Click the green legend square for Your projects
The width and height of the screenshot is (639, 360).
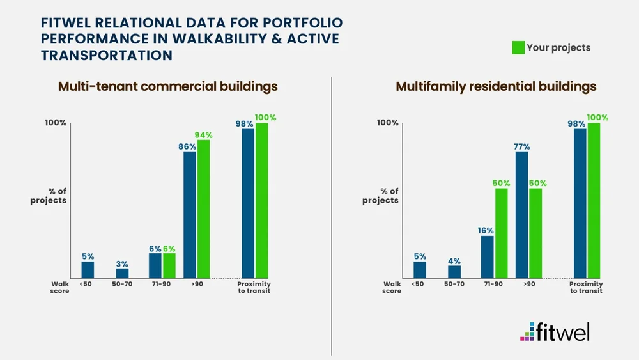pos(518,47)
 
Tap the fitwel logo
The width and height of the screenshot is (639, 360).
pos(555,332)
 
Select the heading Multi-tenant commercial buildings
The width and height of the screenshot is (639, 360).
pos(168,86)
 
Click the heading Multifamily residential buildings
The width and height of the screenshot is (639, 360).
pos(496,86)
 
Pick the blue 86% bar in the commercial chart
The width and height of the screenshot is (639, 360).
pos(190,214)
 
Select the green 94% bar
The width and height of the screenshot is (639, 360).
pos(203,208)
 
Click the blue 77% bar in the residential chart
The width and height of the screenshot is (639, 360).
pos(521,214)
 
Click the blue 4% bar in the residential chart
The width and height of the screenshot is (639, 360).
pos(454,271)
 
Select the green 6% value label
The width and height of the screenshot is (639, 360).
pos(169,249)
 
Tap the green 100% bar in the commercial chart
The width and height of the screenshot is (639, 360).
pos(261,200)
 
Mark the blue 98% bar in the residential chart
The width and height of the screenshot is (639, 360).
pos(580,203)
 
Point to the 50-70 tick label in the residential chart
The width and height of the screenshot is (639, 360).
pos(454,284)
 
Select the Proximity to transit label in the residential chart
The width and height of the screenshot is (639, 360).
pos(586,287)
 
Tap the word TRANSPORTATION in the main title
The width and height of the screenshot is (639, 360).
pos(107,56)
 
